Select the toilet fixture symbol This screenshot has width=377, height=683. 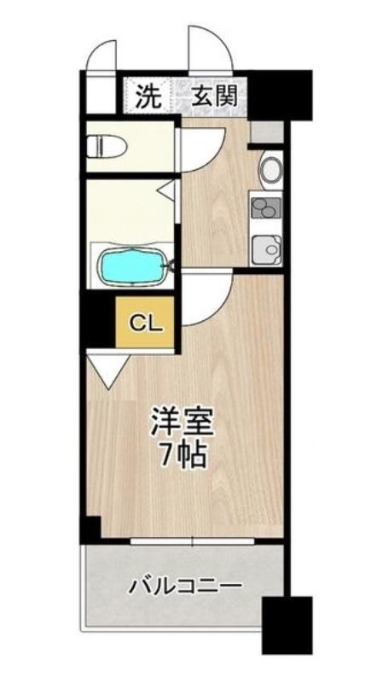107,147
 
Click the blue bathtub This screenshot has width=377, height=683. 134,266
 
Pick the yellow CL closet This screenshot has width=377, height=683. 145,322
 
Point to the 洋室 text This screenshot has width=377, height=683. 182,421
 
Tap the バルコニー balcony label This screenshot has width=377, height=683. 185,585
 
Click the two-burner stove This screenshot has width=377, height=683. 265,207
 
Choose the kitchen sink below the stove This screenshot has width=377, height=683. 267,249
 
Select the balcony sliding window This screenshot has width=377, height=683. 192,541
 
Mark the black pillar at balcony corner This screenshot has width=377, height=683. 287,625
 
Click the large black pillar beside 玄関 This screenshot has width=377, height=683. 280,95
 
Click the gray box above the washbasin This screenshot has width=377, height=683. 267,132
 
